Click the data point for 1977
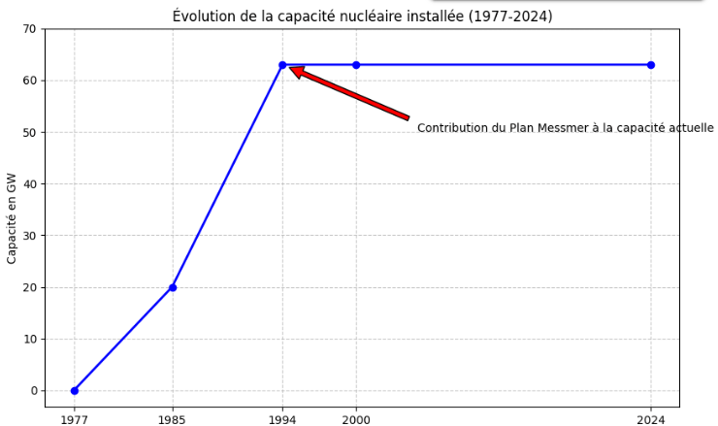tap(74, 390)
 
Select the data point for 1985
tap(173, 287)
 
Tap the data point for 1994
tap(282, 65)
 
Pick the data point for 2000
tap(356, 65)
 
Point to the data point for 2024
tap(651, 65)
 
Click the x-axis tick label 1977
tap(74, 419)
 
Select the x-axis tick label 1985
tap(173, 419)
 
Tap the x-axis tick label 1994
tap(282, 419)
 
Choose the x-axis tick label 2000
tap(356, 419)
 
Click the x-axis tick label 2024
tap(651, 419)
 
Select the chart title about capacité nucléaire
tap(362, 16)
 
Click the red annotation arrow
tap(349, 93)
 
